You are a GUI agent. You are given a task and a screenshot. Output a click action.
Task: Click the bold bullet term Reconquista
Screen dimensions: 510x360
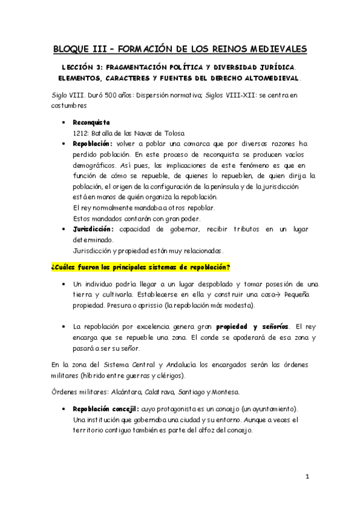(x=91, y=122)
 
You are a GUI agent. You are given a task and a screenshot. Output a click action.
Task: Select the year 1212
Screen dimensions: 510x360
(x=81, y=132)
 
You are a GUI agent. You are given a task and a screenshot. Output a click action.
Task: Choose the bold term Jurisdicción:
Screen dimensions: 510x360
(x=94, y=229)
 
